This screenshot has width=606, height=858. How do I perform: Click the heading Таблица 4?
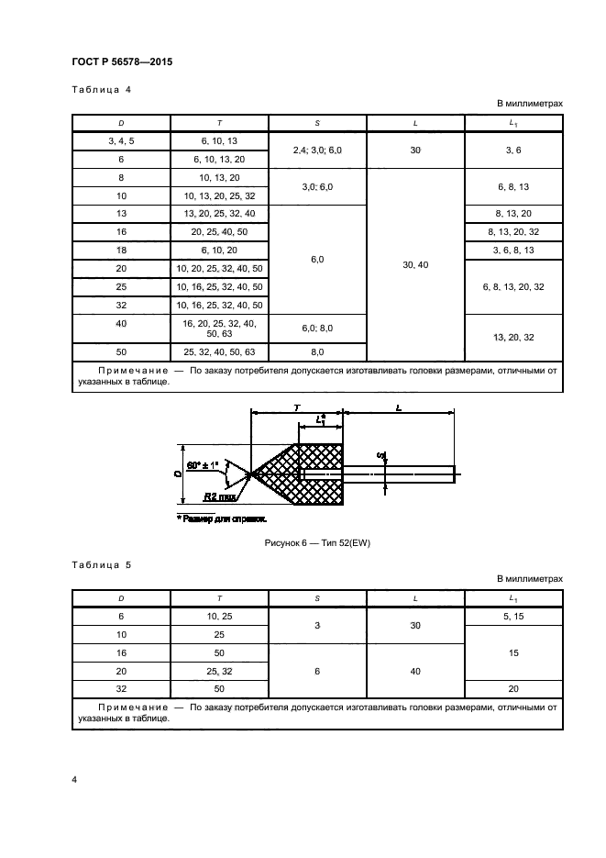coord(101,89)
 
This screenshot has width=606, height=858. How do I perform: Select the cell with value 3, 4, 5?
coord(122,141)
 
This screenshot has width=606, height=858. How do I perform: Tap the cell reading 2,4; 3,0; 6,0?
coord(316,150)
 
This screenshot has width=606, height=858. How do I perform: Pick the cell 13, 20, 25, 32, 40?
coord(219,212)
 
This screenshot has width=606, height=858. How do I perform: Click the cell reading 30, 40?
coord(415,264)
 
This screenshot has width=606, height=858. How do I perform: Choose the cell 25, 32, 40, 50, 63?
coord(219,352)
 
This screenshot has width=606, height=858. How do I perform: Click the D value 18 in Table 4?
coord(122,251)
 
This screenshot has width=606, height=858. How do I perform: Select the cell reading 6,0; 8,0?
coord(316,328)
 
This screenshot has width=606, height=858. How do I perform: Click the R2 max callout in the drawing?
coord(218,497)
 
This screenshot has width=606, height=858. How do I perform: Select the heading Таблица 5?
coord(101,565)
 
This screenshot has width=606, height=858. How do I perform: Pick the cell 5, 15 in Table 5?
coord(513,617)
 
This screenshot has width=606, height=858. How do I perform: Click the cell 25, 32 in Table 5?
coord(219,671)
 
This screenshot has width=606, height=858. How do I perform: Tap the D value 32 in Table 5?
coord(122,688)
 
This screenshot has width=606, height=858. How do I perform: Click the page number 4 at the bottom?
coord(75,779)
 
